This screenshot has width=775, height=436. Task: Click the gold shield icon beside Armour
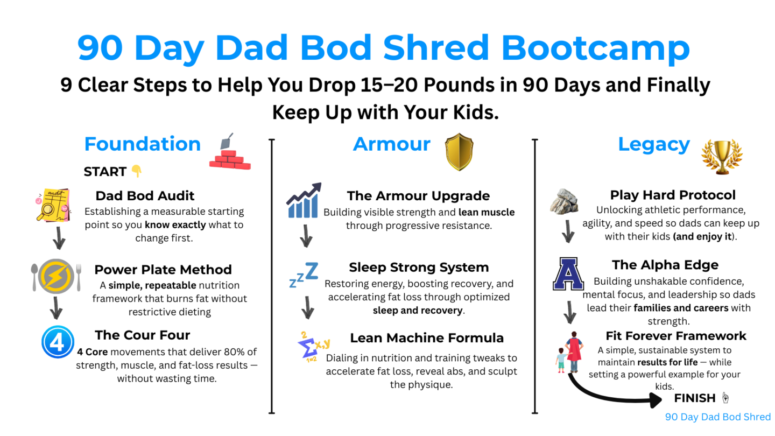tap(459, 152)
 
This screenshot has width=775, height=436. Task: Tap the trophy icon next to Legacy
tap(722, 157)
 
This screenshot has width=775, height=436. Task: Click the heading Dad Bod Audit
tap(145, 196)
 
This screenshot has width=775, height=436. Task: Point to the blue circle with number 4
tap(58, 342)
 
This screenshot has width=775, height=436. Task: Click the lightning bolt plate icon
tap(56, 276)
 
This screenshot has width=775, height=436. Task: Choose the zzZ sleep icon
tap(304, 275)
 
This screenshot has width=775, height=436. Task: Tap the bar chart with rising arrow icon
tap(304, 200)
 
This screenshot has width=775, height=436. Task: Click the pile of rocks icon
tap(564, 201)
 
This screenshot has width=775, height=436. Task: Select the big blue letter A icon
tap(568, 273)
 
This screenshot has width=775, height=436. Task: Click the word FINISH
tap(695, 398)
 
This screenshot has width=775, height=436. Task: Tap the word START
tap(105, 172)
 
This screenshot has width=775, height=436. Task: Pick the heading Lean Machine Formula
tap(427, 338)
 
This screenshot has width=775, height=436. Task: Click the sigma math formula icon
tap(313, 347)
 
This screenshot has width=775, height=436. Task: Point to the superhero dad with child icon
tap(569, 352)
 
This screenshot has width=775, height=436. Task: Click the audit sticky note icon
tap(53, 205)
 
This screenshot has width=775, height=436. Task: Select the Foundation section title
tap(143, 144)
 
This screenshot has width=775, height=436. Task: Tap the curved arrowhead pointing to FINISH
tap(656, 400)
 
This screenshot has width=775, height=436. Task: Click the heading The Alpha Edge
tap(665, 265)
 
